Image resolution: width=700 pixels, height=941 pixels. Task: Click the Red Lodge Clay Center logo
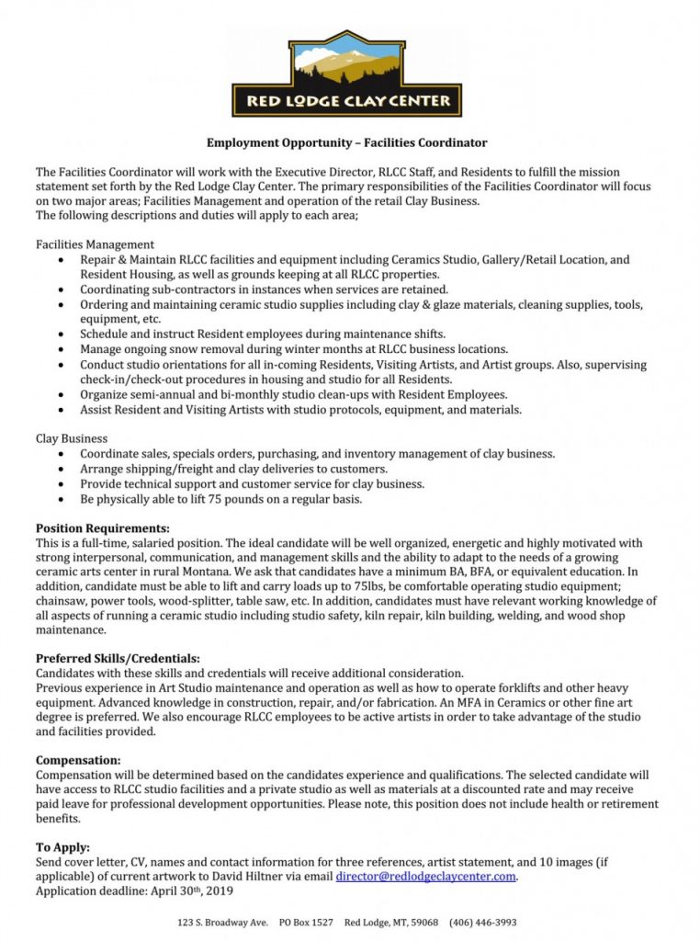346,74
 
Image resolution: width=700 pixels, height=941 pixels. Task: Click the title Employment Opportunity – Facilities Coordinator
346,143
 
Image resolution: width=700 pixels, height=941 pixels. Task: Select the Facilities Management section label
95,244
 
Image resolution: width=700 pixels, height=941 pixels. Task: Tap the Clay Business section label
72,438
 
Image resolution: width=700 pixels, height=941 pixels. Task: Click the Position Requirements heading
103,528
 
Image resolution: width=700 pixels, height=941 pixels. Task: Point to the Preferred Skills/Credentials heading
118,658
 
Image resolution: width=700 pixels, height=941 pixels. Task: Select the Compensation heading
78,760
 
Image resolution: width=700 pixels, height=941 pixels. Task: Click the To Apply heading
62,847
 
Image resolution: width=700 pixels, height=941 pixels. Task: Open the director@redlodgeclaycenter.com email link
425,877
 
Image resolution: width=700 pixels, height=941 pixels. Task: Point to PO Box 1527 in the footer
304,922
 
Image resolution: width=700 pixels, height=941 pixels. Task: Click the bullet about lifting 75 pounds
220,499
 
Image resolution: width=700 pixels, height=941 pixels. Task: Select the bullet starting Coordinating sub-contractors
264,289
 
